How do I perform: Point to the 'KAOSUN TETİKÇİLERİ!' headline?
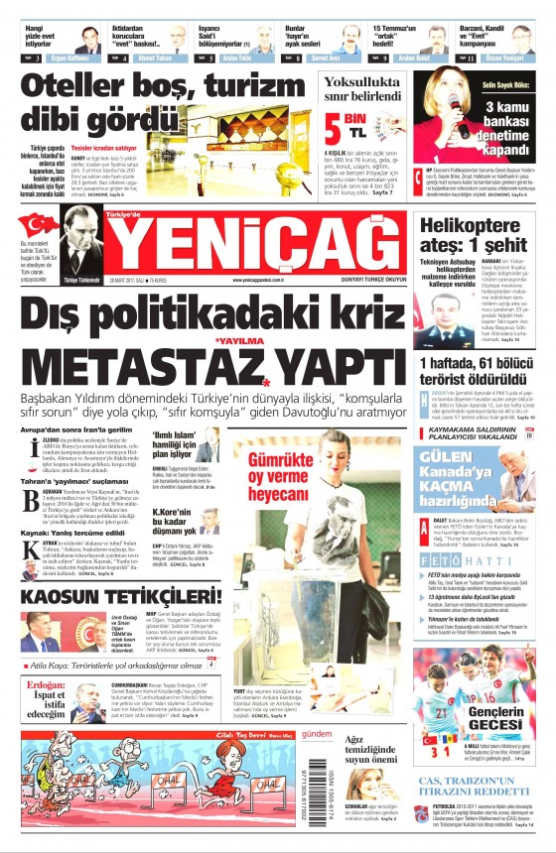point(117,594)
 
